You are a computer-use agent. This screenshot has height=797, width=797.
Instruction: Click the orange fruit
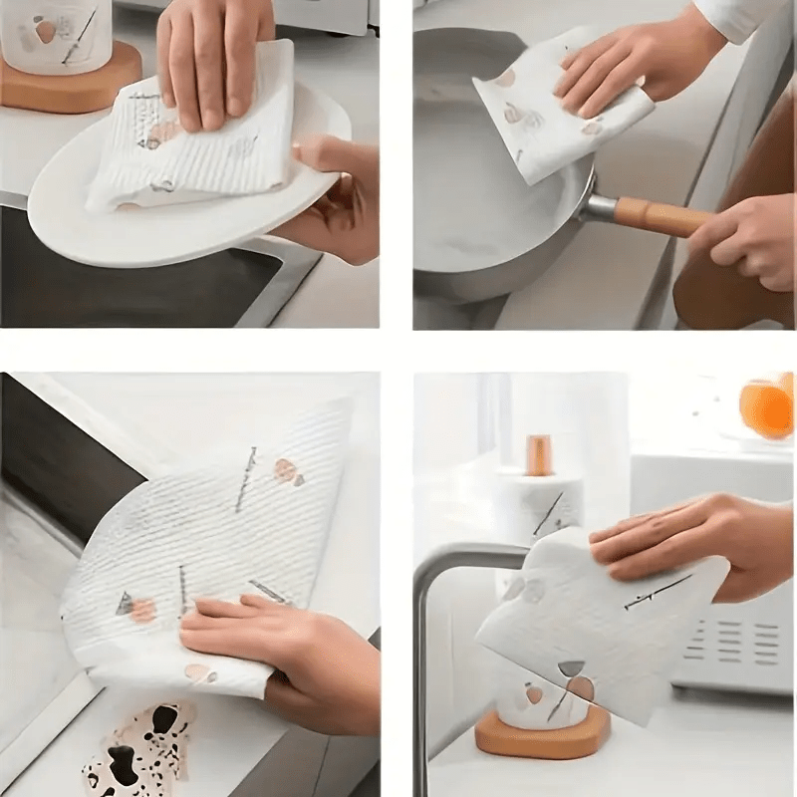(x=767, y=408)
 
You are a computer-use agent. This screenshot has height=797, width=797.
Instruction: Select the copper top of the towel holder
(x=540, y=454)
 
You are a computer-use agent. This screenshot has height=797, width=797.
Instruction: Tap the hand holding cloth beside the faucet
(x=687, y=543)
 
